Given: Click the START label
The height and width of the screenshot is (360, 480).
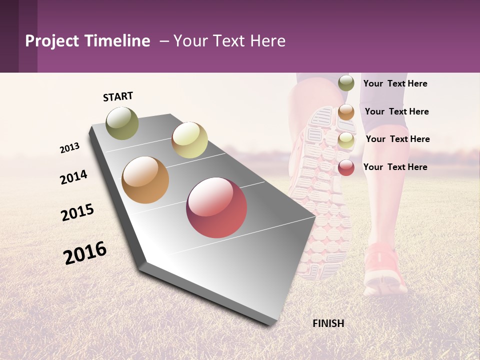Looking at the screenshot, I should point(118,96).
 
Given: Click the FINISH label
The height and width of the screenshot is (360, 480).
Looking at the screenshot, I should point(328,323).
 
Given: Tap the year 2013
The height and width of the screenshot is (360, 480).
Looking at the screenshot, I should point(69,148).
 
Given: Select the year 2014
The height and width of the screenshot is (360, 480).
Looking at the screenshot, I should point(73,177).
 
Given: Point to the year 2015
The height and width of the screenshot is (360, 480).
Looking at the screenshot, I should point(77,212).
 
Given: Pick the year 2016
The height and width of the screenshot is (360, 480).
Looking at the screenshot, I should point(85,252).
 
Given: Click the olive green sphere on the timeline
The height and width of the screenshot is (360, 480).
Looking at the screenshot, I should point(122,123).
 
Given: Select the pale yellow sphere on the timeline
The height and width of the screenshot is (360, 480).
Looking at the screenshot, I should point(189,140).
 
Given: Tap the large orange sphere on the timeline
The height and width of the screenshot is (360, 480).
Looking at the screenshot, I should point(145,180).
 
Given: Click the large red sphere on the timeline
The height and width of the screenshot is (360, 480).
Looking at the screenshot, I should point(216,207).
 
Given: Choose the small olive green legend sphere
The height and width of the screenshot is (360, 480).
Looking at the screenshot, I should point(346,83).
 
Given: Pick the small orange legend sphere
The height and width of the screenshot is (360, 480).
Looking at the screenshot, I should point(346,112).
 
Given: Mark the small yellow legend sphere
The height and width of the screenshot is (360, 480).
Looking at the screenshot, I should point(346,140).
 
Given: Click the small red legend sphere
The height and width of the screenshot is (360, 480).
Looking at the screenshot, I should point(346,167).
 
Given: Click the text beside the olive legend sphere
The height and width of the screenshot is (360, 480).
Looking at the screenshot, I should point(395,83).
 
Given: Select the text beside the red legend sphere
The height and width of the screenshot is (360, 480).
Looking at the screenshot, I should point(395,167).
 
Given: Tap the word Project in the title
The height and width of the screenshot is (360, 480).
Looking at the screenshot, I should point(52,41).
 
